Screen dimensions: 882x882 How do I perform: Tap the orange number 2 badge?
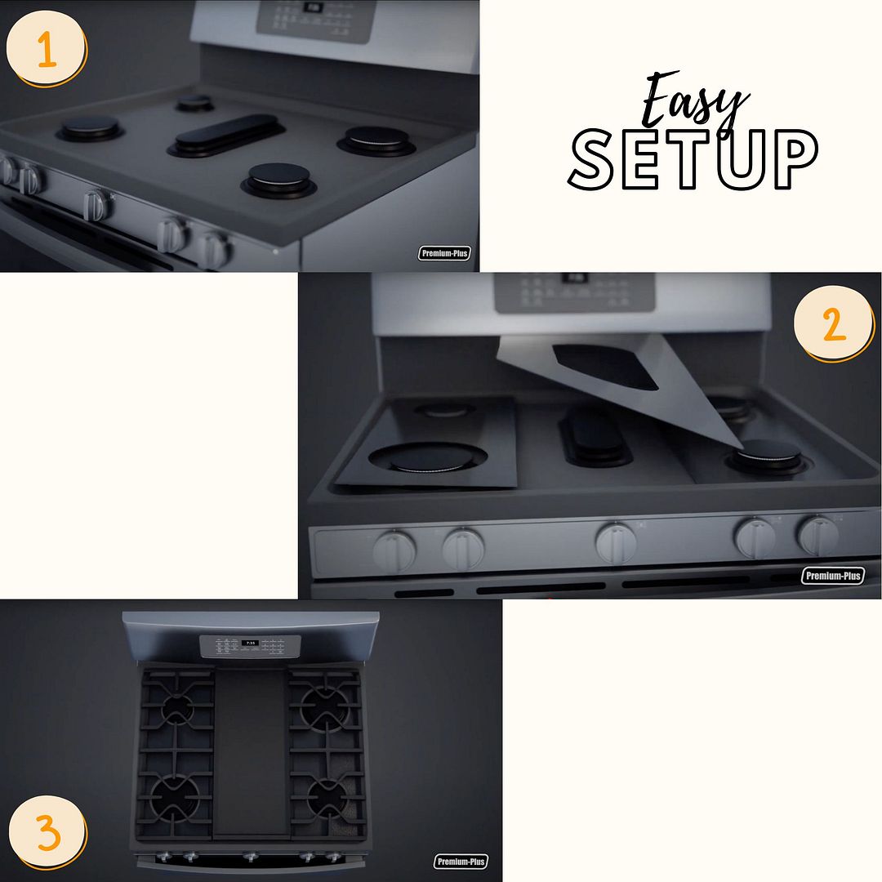[834, 324]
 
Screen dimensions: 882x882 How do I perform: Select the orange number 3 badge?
[48, 834]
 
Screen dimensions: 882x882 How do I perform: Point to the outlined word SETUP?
[693, 159]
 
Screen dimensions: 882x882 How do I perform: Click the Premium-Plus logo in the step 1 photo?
[445, 253]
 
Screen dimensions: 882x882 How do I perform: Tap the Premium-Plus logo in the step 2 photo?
[832, 576]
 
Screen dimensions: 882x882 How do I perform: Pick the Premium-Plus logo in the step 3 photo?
[461, 862]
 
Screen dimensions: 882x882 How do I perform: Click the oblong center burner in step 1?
[226, 134]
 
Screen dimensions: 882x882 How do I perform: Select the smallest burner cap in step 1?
[194, 102]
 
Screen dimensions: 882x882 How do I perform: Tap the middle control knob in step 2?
[616, 542]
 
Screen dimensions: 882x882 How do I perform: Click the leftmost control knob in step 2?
[394, 550]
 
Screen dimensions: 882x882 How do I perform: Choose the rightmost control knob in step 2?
[817, 535]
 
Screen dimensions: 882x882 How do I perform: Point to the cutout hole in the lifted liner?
[605, 365]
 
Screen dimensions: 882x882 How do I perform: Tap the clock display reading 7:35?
[250, 644]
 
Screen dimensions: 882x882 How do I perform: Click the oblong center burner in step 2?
[595, 437]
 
